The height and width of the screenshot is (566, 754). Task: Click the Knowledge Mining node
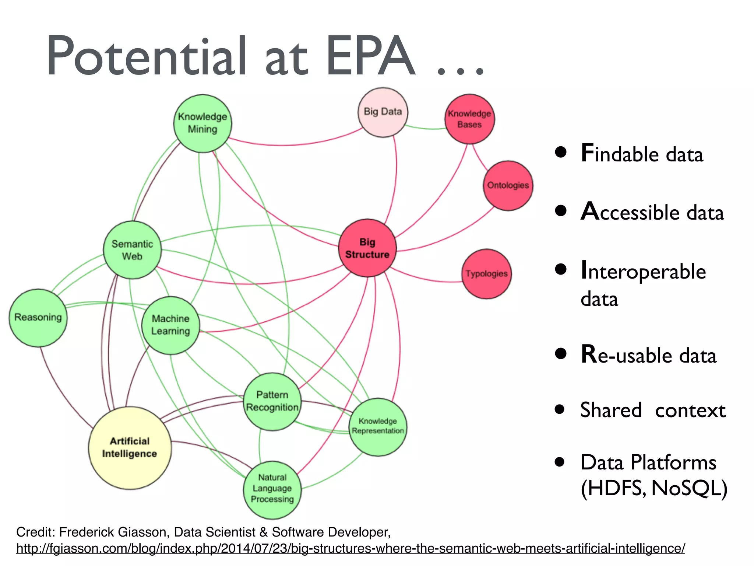click(202, 123)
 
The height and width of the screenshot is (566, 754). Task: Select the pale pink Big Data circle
click(383, 112)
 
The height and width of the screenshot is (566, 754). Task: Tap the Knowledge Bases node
click(469, 119)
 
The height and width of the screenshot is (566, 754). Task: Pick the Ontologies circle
click(508, 185)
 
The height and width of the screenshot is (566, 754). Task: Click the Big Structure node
click(367, 248)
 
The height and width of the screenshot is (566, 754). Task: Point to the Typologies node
click(486, 274)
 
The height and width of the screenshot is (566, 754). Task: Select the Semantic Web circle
click(132, 250)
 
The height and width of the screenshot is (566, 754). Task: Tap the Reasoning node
click(38, 317)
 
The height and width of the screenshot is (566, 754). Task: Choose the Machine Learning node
click(170, 325)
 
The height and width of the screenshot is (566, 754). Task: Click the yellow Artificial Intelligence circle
click(130, 447)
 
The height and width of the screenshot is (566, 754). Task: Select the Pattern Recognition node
click(272, 401)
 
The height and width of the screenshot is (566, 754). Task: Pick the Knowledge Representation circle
click(378, 426)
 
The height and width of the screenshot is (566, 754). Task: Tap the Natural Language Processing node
click(272, 489)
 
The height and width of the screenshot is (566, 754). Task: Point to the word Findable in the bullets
click(619, 154)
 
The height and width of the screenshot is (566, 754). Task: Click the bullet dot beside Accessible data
click(561, 211)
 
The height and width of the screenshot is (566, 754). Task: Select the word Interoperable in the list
click(643, 272)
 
